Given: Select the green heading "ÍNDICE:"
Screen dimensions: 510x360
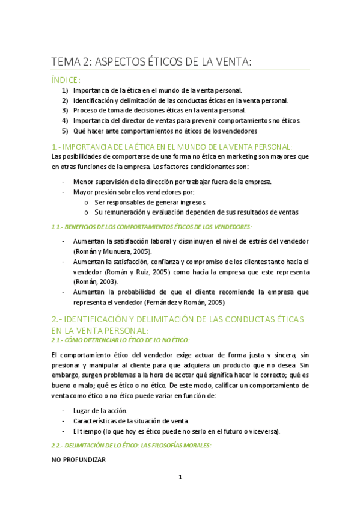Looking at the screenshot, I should click(x=66, y=79).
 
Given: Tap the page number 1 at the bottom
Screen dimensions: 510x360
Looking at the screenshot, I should click(x=180, y=478).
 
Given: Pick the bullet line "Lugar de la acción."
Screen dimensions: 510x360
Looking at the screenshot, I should click(x=100, y=410).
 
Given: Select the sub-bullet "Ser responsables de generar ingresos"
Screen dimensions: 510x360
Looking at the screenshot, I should click(x=150, y=202).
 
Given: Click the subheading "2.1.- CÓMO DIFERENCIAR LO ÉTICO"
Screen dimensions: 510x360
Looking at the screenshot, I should click(x=120, y=340).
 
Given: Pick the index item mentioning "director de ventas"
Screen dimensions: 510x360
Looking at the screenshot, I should click(x=186, y=120).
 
